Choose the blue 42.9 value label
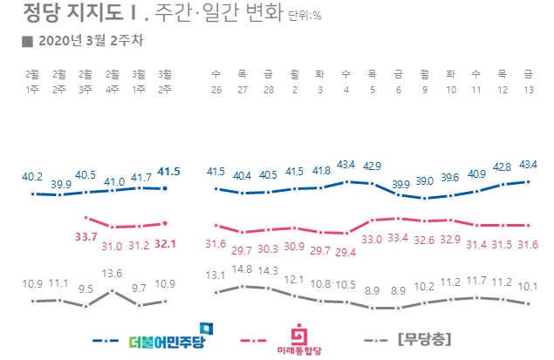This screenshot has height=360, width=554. click(373, 166)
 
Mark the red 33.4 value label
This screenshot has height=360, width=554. click(398, 238)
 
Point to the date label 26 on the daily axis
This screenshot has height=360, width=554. click(216, 87)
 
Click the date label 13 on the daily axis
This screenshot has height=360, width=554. click(527, 87)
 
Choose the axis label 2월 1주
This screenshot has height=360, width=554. click(33, 81)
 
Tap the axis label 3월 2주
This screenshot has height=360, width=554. click(165, 81)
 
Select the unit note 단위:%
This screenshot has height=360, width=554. click(304, 15)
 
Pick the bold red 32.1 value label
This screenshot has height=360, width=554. click(165, 244)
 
